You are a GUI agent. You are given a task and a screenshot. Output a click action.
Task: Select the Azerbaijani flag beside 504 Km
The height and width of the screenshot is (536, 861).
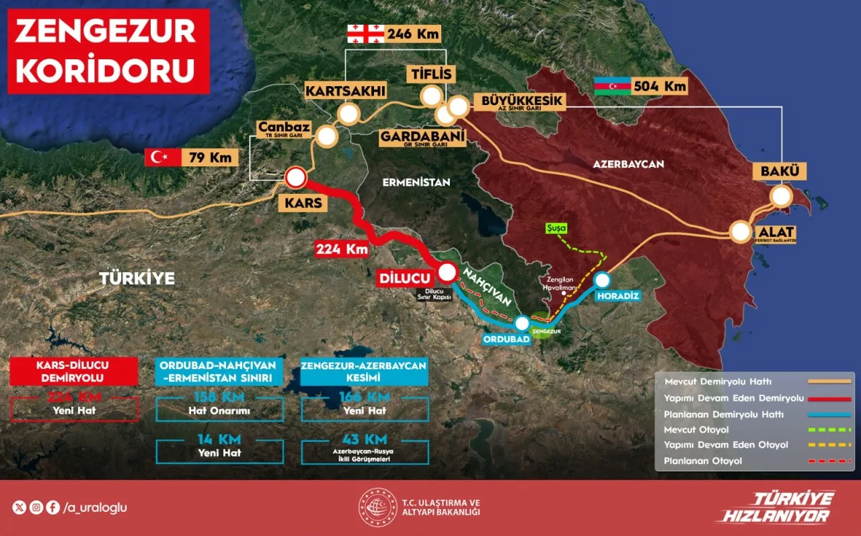tap(612, 86)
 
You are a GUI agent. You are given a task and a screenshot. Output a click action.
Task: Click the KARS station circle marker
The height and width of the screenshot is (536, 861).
tap(295, 178)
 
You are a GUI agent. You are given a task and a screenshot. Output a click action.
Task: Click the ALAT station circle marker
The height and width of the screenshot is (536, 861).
tap(741, 232)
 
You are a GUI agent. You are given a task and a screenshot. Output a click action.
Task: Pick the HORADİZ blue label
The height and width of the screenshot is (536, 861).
tap(615, 296)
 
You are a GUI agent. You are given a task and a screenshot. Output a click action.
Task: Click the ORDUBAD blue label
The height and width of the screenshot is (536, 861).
tap(507, 339)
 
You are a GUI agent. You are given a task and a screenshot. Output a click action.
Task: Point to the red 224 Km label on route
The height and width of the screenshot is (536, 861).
tap(342, 248)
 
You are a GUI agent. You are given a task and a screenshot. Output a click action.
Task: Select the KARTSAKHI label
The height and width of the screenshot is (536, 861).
tap(336, 90)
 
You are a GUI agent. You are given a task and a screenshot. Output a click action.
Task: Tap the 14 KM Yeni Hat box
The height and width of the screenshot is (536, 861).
tap(219, 446)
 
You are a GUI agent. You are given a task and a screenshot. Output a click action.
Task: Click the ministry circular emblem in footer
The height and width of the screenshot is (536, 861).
tap(377, 508)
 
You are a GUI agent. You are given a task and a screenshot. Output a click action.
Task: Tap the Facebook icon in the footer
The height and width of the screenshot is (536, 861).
tap(52, 508)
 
